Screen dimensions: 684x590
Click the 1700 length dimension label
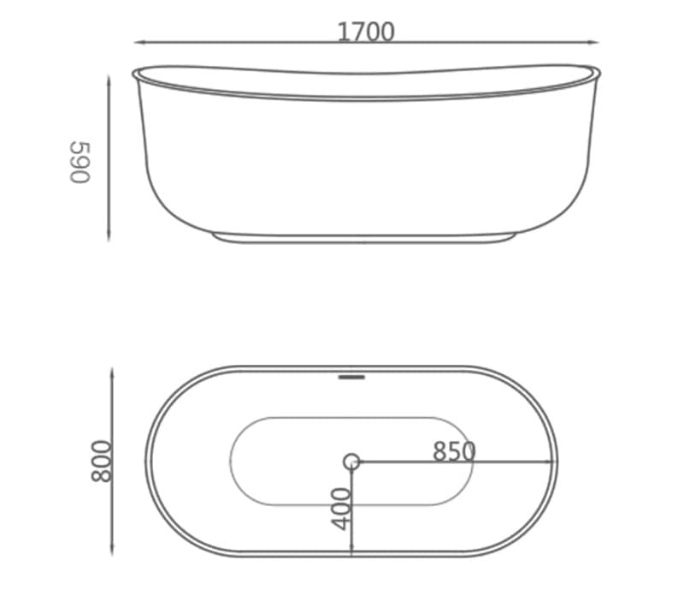click(366, 32)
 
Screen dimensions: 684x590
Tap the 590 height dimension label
click(80, 162)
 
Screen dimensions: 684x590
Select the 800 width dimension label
click(101, 461)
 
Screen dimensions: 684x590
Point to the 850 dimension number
click(454, 451)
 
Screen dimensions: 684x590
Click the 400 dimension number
click(341, 509)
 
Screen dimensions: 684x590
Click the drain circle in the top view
click(351, 462)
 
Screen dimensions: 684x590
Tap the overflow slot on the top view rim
click(351, 377)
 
